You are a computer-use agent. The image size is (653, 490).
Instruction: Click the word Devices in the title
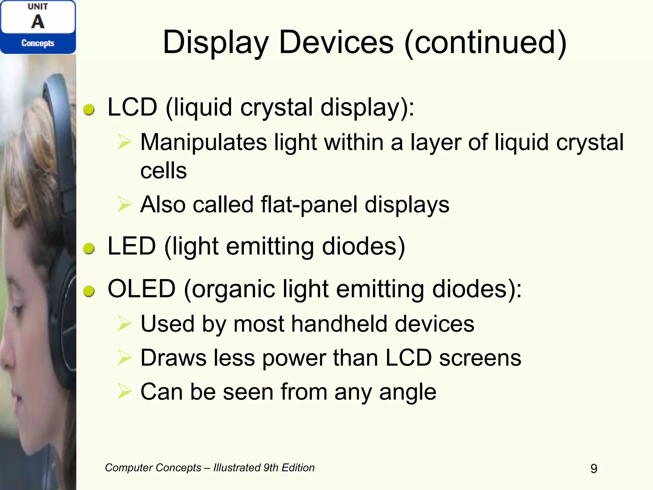tap(336, 42)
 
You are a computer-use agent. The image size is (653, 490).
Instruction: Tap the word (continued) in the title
tap(485, 43)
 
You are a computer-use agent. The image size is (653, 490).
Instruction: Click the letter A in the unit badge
tap(38, 22)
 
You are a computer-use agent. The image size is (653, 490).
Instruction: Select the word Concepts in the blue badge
tap(38, 43)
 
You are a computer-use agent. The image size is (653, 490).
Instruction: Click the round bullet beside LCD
tap(89, 109)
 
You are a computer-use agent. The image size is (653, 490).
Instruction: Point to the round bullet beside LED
tap(89, 248)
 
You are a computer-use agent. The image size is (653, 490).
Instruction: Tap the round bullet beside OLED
tap(89, 291)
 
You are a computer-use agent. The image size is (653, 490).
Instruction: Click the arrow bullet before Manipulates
tap(124, 142)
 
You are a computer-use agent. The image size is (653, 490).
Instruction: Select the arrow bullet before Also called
tap(124, 204)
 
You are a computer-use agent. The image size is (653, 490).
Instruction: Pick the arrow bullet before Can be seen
tap(124, 391)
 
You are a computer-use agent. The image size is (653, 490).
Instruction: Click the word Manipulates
tap(204, 142)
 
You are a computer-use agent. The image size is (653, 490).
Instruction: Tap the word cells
tap(164, 171)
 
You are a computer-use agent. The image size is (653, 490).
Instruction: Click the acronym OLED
tap(142, 289)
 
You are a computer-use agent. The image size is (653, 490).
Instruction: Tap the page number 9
tap(594, 468)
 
